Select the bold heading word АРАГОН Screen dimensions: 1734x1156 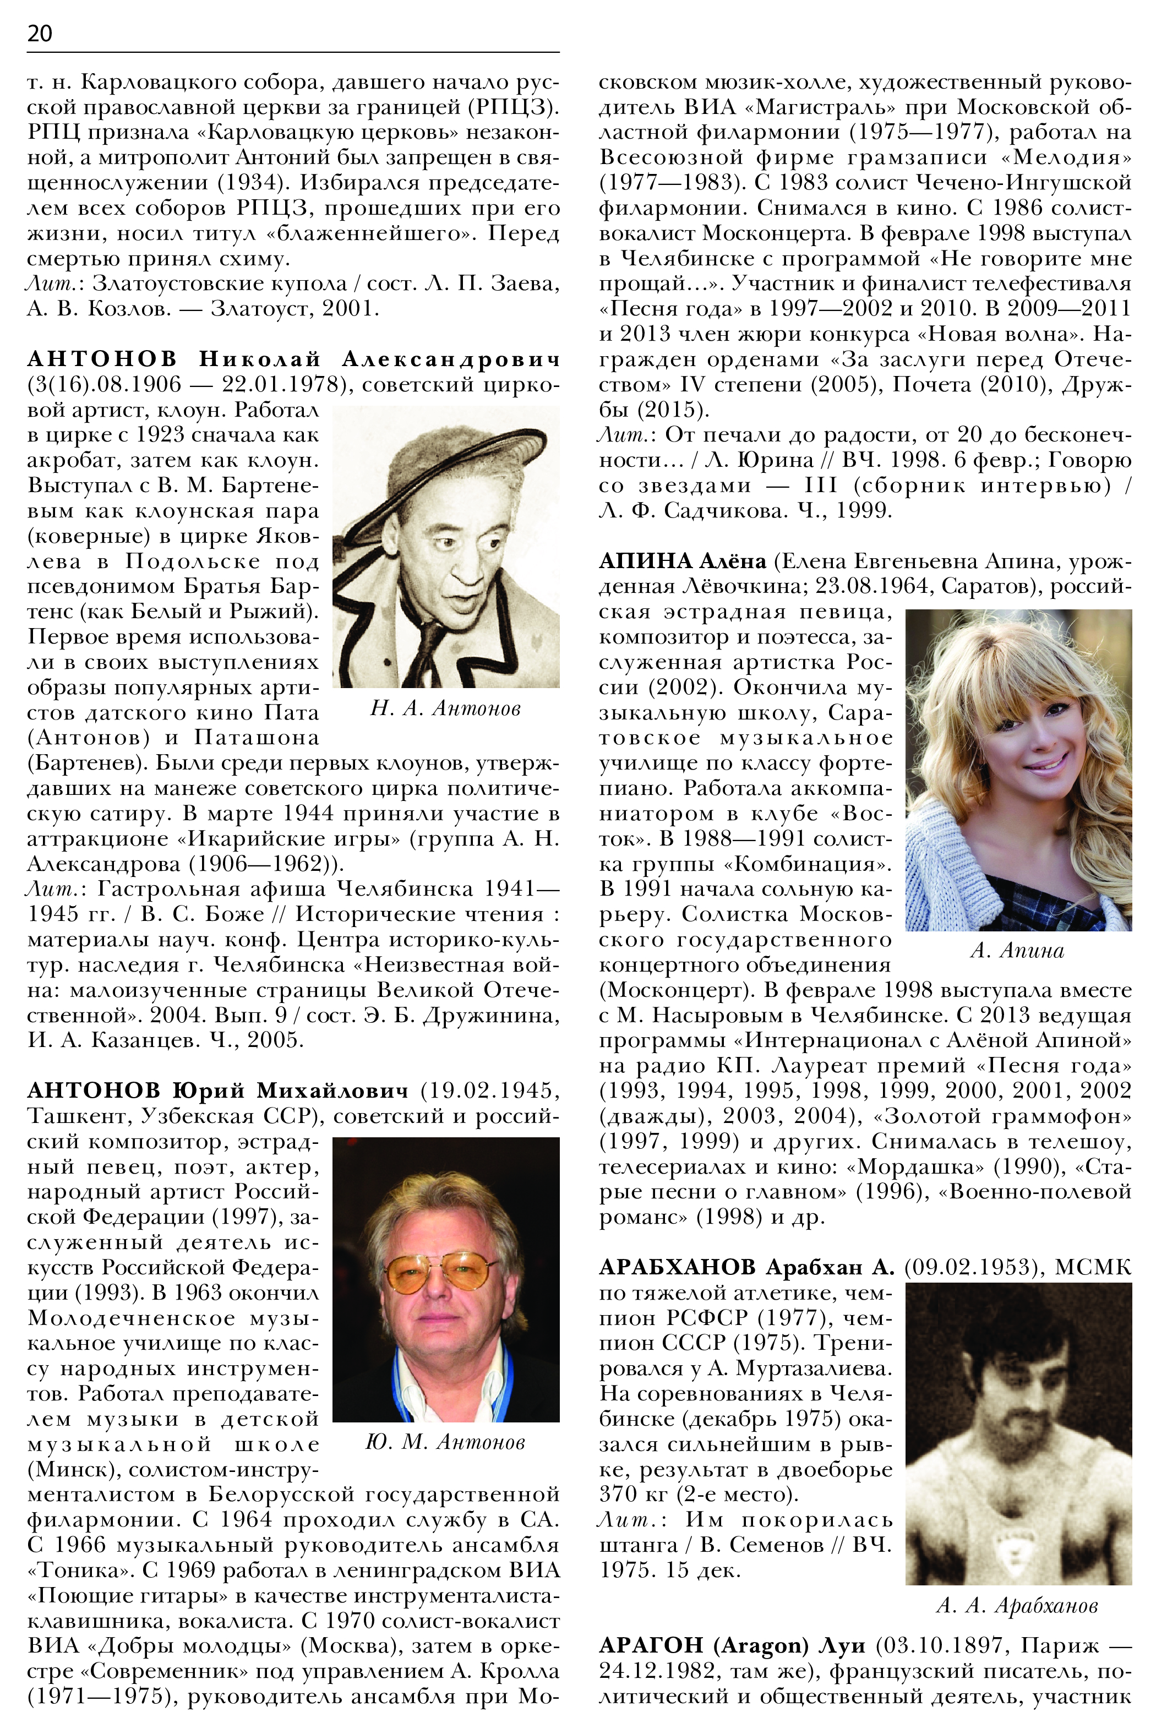651,1645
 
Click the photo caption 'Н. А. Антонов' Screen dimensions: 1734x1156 445,708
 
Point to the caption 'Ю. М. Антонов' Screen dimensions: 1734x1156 445,1442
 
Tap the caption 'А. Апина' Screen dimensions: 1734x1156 1017,950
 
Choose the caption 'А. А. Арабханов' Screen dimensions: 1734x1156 1017,1606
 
